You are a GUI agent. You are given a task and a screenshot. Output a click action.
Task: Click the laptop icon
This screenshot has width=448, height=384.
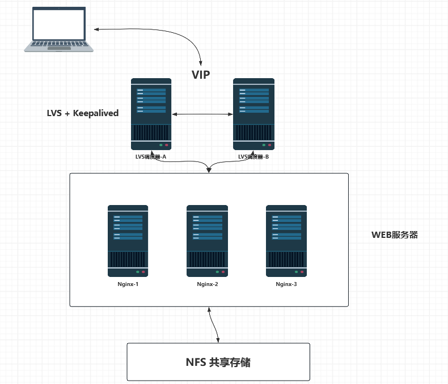[x=59, y=29]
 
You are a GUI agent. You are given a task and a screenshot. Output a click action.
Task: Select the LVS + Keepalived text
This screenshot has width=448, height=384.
[x=83, y=113]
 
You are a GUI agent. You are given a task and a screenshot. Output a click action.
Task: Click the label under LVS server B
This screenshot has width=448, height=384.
[x=253, y=157]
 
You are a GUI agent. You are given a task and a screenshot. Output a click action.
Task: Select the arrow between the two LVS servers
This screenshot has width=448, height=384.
[x=202, y=115]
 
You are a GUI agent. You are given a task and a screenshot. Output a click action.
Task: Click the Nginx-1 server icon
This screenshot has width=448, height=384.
[x=128, y=241]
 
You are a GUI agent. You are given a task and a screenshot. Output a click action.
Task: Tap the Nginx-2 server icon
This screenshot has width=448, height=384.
[x=208, y=241]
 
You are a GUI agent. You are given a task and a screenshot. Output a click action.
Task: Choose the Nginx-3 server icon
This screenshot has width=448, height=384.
[x=286, y=241]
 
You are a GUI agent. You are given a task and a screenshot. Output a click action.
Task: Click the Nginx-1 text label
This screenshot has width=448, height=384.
[x=128, y=284]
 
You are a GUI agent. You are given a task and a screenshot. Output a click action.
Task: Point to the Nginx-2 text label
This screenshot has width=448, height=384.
[x=208, y=284]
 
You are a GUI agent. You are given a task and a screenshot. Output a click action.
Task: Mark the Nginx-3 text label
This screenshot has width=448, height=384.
[x=286, y=284]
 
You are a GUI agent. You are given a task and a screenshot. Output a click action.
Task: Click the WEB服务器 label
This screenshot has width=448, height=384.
[x=394, y=234]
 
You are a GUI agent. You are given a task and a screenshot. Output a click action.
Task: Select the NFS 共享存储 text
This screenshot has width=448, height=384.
[x=218, y=362]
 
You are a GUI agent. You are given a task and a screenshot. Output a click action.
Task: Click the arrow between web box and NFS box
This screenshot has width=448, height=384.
[x=214, y=325]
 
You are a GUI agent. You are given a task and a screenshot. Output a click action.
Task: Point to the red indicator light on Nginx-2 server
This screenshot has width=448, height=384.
[x=223, y=272]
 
